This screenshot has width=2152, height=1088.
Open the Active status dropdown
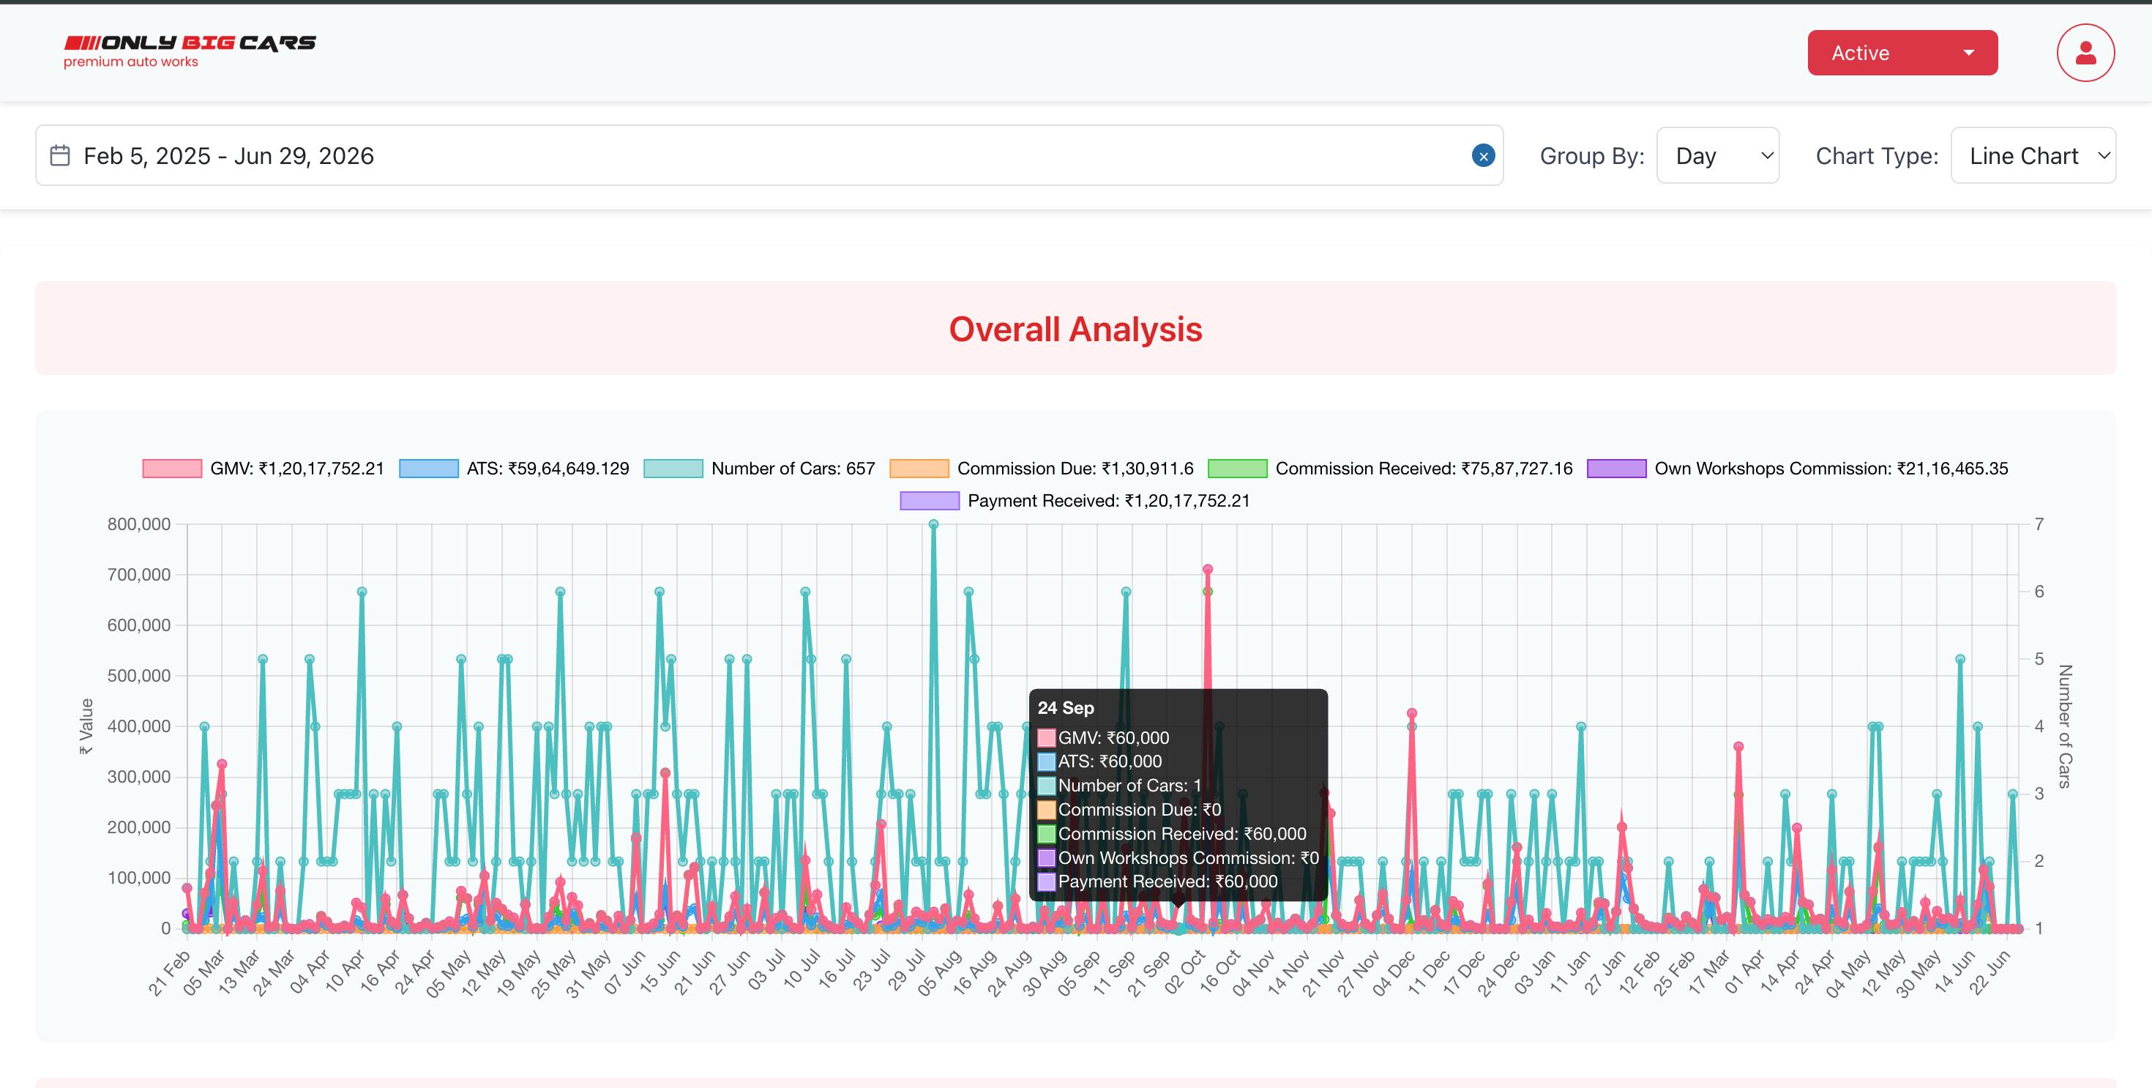(x=1902, y=53)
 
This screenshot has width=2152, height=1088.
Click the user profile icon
(x=2085, y=53)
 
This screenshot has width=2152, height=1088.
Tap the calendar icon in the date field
(x=60, y=155)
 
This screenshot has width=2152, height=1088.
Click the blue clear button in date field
(x=1483, y=155)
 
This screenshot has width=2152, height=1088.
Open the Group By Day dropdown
(x=1718, y=155)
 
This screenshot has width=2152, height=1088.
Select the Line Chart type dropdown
(x=2033, y=155)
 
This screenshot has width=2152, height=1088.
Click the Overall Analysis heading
(x=1075, y=329)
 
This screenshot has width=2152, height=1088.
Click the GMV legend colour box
(x=172, y=469)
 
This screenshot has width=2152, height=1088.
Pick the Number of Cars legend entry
(x=759, y=469)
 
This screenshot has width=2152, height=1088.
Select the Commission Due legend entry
(x=1042, y=469)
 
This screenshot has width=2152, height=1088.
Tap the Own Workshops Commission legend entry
(x=1798, y=469)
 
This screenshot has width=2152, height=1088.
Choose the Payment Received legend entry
(x=1075, y=501)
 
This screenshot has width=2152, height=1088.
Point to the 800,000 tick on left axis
(x=138, y=524)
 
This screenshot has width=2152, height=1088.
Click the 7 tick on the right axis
(x=2039, y=524)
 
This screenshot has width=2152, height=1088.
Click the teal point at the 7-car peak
(x=933, y=525)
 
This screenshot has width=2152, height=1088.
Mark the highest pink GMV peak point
(x=1207, y=569)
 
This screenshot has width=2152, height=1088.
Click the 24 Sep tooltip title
(x=1065, y=708)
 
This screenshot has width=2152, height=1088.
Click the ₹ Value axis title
(x=85, y=726)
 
